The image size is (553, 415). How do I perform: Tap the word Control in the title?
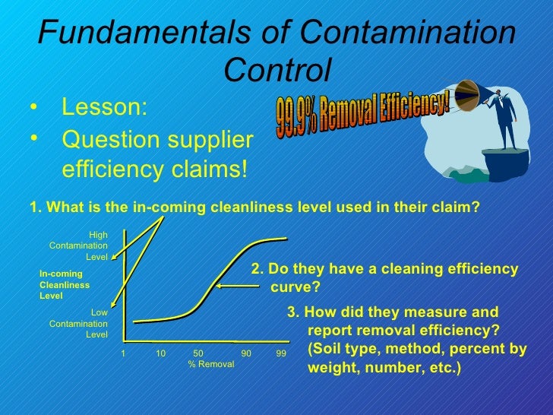click(279, 71)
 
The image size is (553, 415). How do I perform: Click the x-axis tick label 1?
click(123, 353)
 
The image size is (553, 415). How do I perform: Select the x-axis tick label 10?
click(161, 353)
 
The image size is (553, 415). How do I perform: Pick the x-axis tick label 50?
click(198, 353)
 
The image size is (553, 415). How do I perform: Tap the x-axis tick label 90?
click(246, 353)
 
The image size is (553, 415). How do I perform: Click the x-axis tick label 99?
click(281, 353)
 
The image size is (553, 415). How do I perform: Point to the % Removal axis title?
click(211, 365)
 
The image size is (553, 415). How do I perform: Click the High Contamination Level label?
click(80, 246)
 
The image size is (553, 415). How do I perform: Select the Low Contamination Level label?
click(80, 323)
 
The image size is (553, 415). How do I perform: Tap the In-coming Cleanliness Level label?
click(64, 284)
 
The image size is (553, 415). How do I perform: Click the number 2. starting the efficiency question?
click(257, 270)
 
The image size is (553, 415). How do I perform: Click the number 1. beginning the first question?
click(34, 207)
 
